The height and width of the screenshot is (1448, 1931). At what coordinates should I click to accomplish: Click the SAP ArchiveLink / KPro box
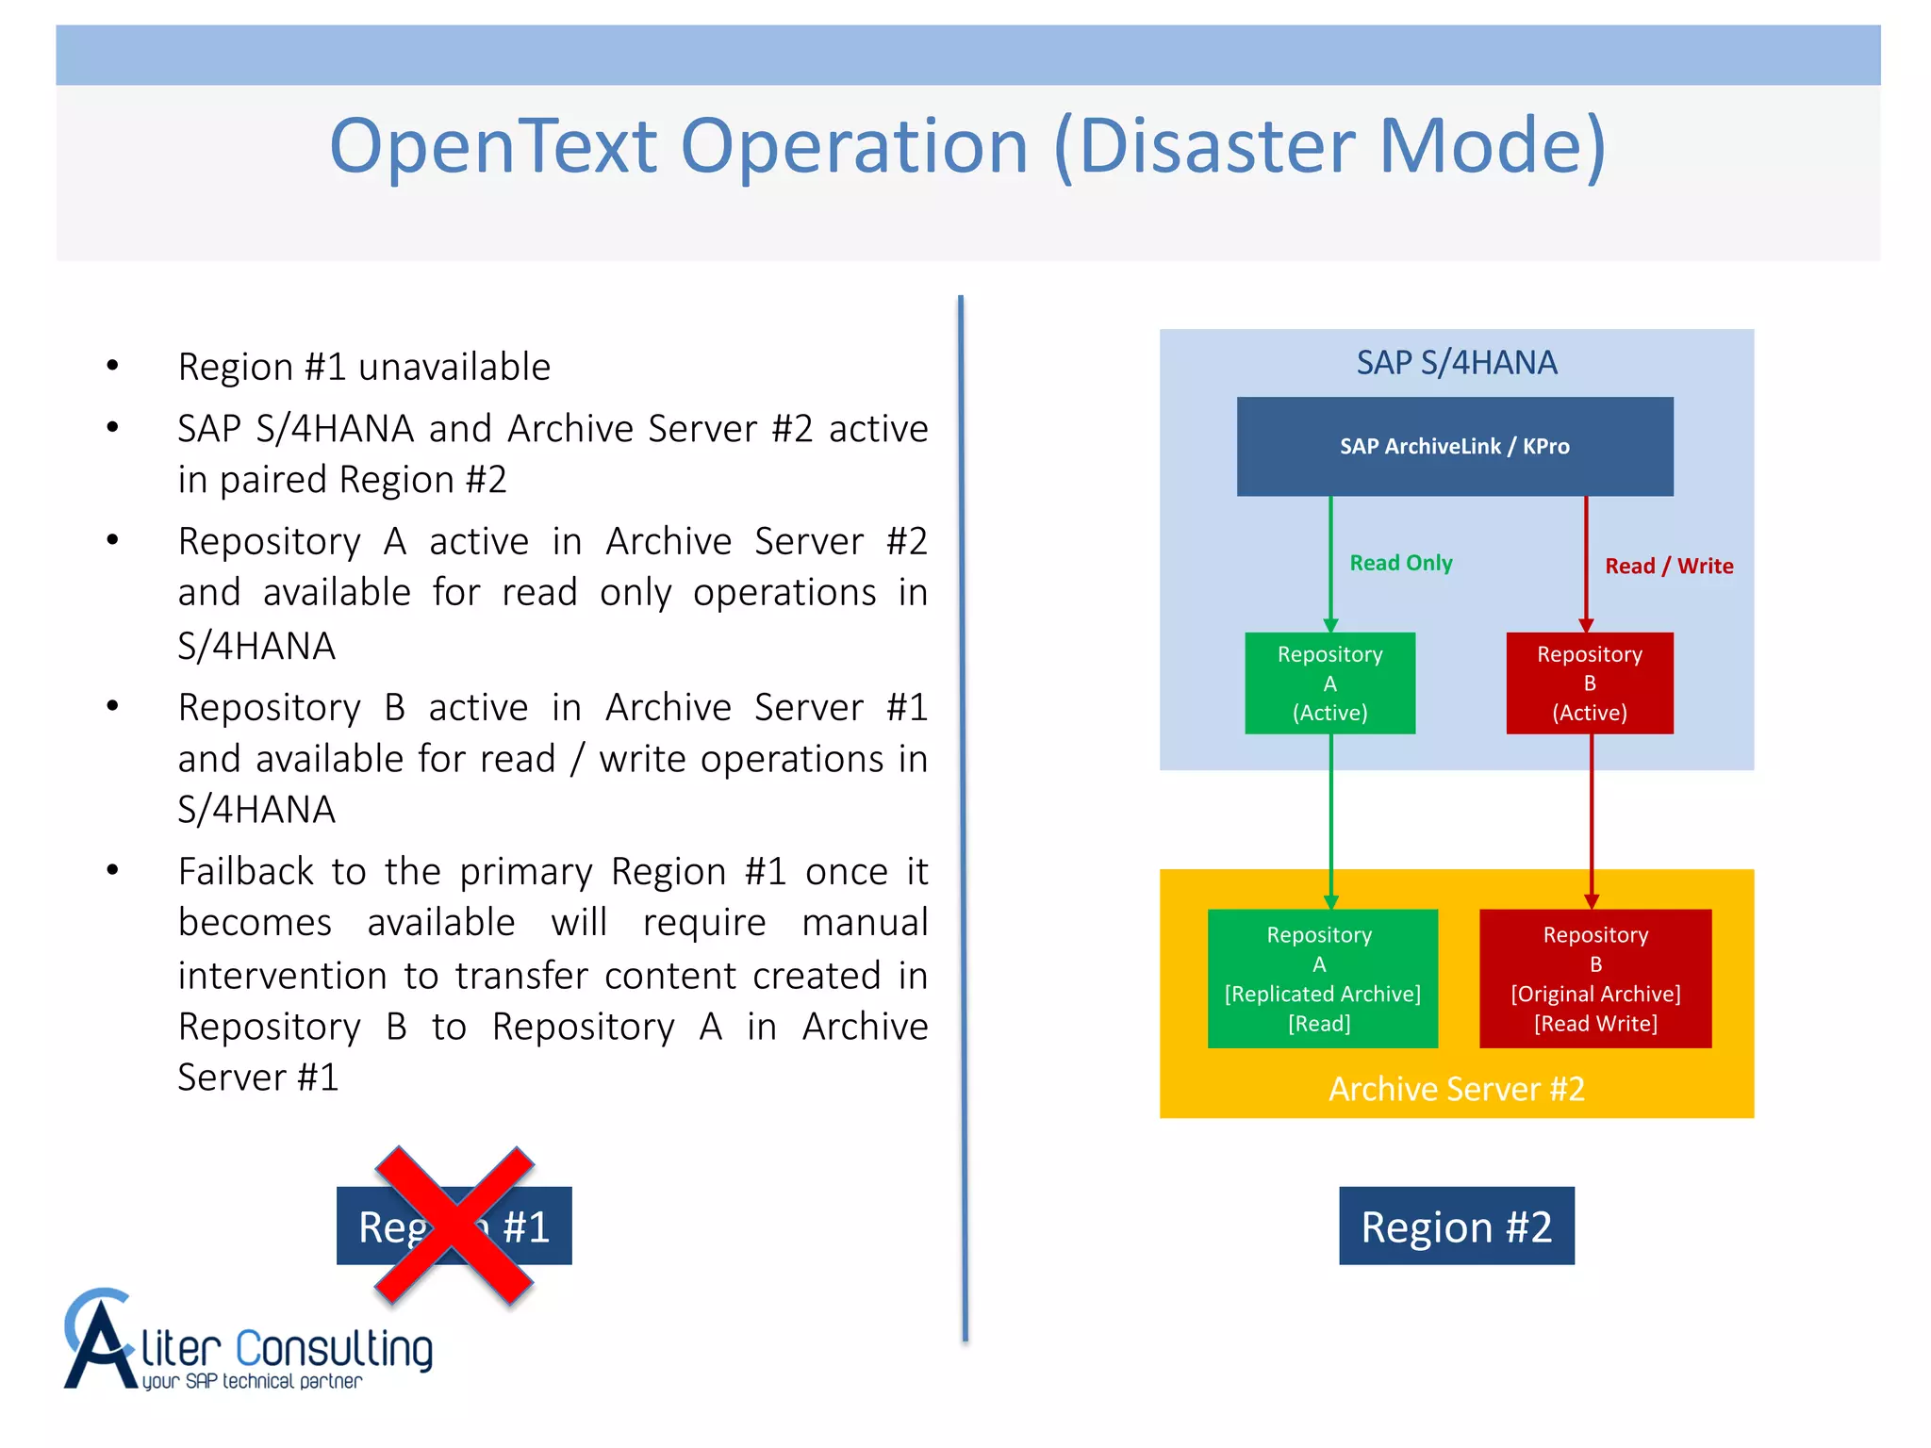pyautogui.click(x=1454, y=446)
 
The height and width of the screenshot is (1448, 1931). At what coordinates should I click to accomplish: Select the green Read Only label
pyautogui.click(x=1400, y=563)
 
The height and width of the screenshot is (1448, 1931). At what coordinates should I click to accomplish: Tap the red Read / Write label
pyautogui.click(x=1668, y=566)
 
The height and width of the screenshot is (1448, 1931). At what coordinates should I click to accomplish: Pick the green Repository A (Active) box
pyautogui.click(x=1329, y=683)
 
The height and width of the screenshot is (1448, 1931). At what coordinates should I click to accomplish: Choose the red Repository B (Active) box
pyautogui.click(x=1589, y=683)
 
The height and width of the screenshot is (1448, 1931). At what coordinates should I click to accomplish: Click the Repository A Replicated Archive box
pyautogui.click(x=1322, y=978)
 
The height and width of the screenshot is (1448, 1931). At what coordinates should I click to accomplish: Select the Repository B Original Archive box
pyautogui.click(x=1594, y=978)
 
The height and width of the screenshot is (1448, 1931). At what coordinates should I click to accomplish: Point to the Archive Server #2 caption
pyautogui.click(x=1456, y=1089)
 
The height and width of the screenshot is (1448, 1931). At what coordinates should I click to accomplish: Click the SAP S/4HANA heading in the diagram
pyautogui.click(x=1456, y=362)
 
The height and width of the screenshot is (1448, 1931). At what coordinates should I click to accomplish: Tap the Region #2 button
pyautogui.click(x=1456, y=1226)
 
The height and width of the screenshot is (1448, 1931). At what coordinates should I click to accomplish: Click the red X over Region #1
pyautogui.click(x=454, y=1226)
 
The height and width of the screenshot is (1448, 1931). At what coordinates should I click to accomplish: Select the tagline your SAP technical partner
pyautogui.click(x=252, y=1381)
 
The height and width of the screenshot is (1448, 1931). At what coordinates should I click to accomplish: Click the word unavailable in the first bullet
pyautogui.click(x=454, y=367)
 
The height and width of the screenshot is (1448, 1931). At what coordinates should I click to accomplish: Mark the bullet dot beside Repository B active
pyautogui.click(x=113, y=705)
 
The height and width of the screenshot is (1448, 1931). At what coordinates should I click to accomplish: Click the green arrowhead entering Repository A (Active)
pyautogui.click(x=1330, y=625)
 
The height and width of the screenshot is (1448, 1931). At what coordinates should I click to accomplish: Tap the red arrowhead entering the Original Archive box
pyautogui.click(x=1591, y=901)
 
